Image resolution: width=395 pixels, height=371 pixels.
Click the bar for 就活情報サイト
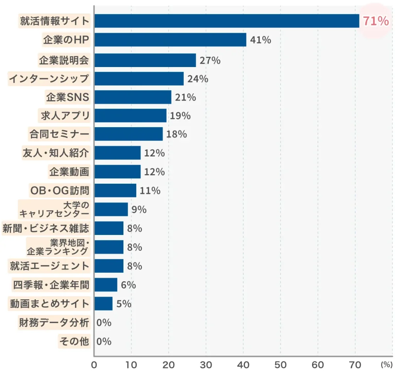click(x=227, y=21)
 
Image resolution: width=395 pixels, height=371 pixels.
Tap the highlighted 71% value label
click(x=375, y=21)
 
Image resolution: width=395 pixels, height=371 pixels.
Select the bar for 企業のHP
click(x=170, y=40)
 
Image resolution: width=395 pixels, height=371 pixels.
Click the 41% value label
click(x=260, y=40)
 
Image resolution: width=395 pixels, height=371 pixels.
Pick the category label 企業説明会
click(x=64, y=60)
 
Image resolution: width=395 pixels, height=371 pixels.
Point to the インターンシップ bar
click(x=139, y=79)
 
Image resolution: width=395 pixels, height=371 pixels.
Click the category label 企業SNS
click(x=68, y=97)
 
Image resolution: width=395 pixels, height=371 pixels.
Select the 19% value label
click(x=180, y=116)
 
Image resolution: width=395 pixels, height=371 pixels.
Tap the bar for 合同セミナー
click(x=128, y=134)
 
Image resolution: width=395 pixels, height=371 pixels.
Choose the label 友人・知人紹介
click(x=56, y=153)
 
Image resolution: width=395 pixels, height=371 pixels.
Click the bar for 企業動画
click(x=117, y=172)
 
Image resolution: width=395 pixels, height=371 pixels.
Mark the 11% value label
click(x=150, y=190)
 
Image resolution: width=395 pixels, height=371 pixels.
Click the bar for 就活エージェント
click(x=109, y=266)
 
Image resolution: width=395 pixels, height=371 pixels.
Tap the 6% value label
click(x=128, y=285)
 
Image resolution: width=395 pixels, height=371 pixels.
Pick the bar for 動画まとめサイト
click(x=103, y=304)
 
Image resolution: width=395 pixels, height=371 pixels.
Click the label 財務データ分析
click(x=54, y=322)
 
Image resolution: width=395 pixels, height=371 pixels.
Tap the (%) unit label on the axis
click(x=386, y=364)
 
